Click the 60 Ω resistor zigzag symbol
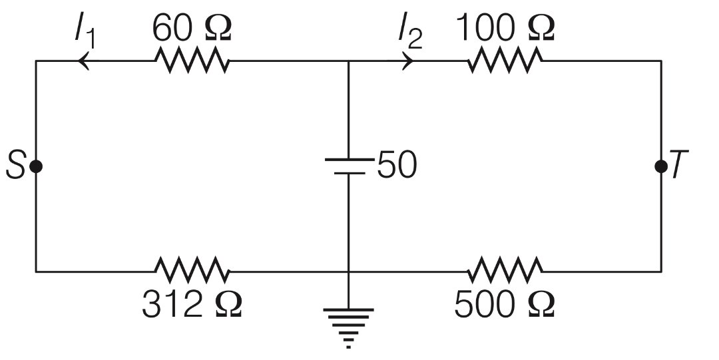[192, 61]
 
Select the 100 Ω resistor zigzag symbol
[505, 61]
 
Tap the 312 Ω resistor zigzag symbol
[192, 271]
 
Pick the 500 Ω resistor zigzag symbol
[505, 271]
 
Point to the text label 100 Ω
[505, 27]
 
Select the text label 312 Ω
[192, 305]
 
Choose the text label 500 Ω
[504, 305]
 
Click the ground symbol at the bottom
[348, 326]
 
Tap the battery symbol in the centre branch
[348, 166]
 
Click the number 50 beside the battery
[397, 166]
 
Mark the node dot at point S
[36, 166]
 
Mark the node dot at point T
[660, 166]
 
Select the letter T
[679, 166]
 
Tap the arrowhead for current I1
[84, 61]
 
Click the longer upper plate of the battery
[348, 159]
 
